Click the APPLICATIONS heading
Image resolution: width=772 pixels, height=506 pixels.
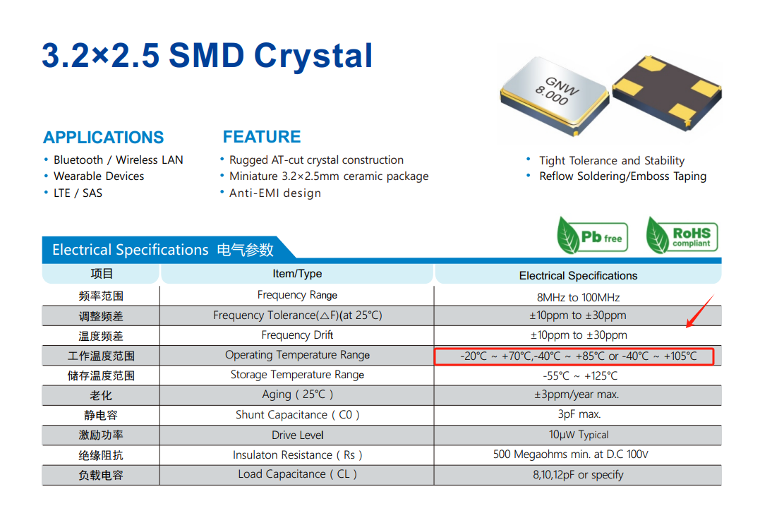click(104, 138)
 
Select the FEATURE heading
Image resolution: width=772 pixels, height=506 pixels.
click(261, 137)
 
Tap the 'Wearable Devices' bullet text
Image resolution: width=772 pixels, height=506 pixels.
click(99, 176)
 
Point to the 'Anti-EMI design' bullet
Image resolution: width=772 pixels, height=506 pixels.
click(275, 193)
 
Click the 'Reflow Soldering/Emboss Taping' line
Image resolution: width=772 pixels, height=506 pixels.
click(623, 176)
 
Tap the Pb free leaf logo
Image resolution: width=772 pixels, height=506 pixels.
click(592, 235)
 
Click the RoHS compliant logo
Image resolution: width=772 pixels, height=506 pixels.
click(682, 235)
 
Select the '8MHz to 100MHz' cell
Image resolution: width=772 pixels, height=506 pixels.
click(578, 297)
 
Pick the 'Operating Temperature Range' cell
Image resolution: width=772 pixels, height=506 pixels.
click(297, 356)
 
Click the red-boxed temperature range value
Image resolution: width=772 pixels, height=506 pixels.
click(574, 356)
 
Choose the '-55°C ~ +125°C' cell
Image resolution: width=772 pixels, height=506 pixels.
click(579, 376)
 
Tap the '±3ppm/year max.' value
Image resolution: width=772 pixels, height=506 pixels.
click(577, 394)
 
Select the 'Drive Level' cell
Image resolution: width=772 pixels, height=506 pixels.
click(297, 435)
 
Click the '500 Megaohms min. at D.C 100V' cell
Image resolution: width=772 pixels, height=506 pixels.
click(571, 454)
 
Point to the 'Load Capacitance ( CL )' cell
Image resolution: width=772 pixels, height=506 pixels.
click(297, 474)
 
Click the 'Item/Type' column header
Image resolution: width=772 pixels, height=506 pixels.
click(297, 274)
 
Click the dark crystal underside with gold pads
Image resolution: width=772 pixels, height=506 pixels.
click(667, 92)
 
